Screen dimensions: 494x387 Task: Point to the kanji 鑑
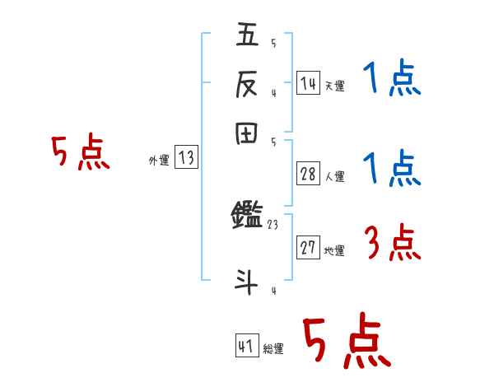click(247, 217)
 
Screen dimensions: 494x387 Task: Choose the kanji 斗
click(247, 281)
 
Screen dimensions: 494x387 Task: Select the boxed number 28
click(309, 175)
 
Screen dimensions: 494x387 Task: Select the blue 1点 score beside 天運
click(392, 80)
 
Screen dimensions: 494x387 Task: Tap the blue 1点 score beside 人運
click(392, 170)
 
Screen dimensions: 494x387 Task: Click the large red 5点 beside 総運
click(347, 341)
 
